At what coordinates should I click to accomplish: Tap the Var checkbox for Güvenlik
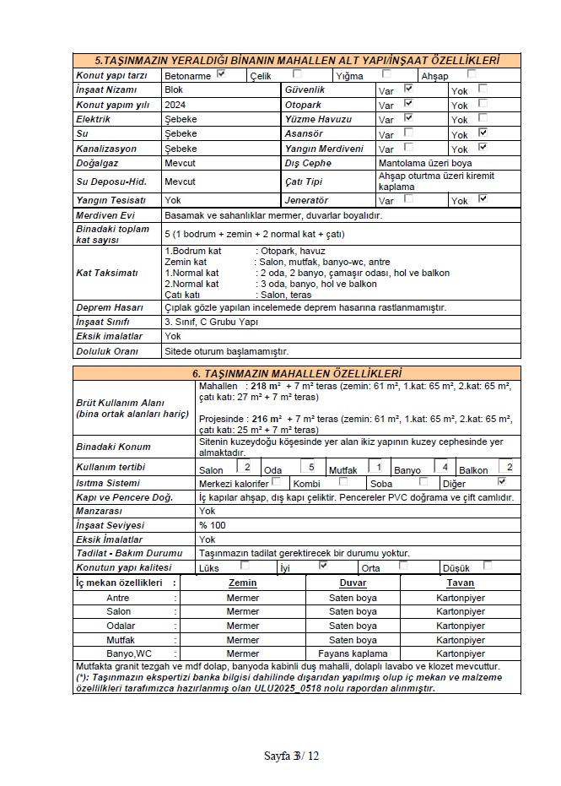pyautogui.click(x=408, y=88)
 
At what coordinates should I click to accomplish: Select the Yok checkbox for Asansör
pyautogui.click(x=483, y=133)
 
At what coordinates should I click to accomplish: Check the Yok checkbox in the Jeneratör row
pyautogui.click(x=483, y=199)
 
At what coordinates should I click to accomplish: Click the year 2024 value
pyautogui.click(x=175, y=105)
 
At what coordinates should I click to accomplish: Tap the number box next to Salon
pyautogui.click(x=247, y=466)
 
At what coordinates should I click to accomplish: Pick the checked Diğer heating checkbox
pyautogui.click(x=502, y=481)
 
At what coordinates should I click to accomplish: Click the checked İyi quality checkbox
pyautogui.click(x=323, y=566)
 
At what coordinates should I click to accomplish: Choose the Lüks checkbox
pyautogui.click(x=245, y=566)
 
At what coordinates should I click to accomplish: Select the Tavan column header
pyautogui.click(x=461, y=583)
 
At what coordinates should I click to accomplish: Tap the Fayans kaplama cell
pyautogui.click(x=353, y=653)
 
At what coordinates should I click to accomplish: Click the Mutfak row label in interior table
pyautogui.click(x=118, y=639)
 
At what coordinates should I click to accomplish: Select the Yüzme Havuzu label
pyautogui.click(x=318, y=119)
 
